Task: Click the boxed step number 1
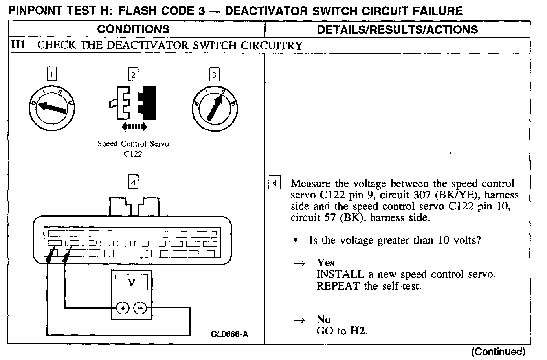tap(51, 74)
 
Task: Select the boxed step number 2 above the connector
tap(134, 74)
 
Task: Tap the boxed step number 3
tap(214, 75)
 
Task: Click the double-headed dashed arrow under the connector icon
tap(134, 127)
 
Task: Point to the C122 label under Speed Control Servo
tap(133, 154)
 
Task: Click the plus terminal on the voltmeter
tap(123, 308)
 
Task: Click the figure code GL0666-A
tap(229, 334)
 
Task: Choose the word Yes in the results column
tap(325, 263)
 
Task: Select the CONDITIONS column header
tap(133, 29)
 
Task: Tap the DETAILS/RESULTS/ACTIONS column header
tap(397, 29)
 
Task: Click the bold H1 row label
tap(18, 45)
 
